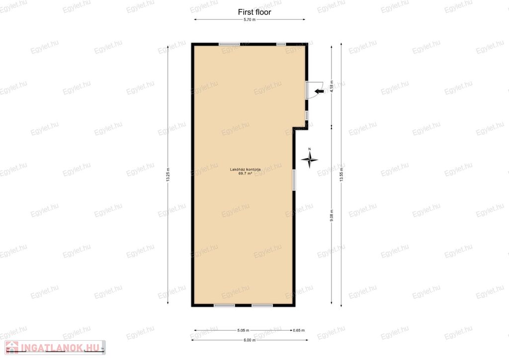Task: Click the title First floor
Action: [x=254, y=12]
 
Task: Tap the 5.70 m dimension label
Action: [x=250, y=19]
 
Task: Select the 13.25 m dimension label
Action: [x=168, y=175]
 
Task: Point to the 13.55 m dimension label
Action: [x=341, y=175]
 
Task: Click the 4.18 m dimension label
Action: [x=332, y=87]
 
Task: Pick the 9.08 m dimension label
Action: [x=332, y=215]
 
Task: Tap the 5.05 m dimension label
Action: [x=243, y=331]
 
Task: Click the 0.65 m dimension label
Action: [x=299, y=331]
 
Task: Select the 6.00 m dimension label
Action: [x=250, y=340]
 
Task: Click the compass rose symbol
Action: [x=309, y=159]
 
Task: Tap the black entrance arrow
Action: [x=319, y=91]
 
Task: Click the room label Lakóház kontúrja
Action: [x=245, y=170]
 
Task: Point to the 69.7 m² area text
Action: [x=245, y=174]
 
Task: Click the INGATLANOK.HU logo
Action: [x=55, y=348]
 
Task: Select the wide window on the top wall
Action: [x=229, y=44]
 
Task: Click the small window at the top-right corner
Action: [x=281, y=44]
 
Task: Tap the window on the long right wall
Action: [x=294, y=180]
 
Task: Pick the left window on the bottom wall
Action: [x=224, y=305]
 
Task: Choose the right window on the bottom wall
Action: [x=262, y=305]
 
